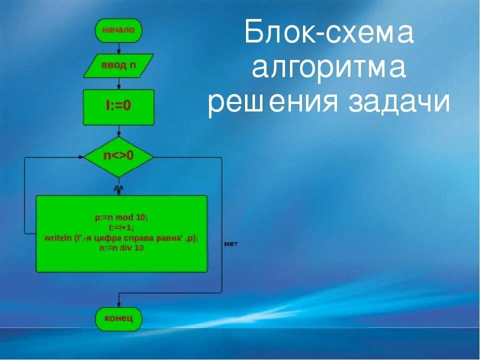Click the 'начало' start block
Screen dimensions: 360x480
(118, 30)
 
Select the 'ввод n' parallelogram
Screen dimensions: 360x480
(118, 66)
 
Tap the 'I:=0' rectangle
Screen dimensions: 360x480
(118, 106)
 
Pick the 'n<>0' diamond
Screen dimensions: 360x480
(118, 156)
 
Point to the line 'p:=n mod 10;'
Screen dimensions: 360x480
(121, 218)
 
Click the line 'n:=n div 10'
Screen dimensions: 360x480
(121, 248)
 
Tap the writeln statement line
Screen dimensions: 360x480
(121, 238)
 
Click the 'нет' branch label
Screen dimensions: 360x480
(231, 243)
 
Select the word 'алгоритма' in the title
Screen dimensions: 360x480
(328, 67)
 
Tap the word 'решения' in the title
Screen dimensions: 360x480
(270, 102)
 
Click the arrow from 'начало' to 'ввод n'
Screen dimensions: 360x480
(118, 48)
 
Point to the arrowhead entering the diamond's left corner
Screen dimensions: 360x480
(80, 156)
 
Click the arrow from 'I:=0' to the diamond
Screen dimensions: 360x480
(118, 131)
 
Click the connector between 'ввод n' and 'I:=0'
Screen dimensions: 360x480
(118, 83)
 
